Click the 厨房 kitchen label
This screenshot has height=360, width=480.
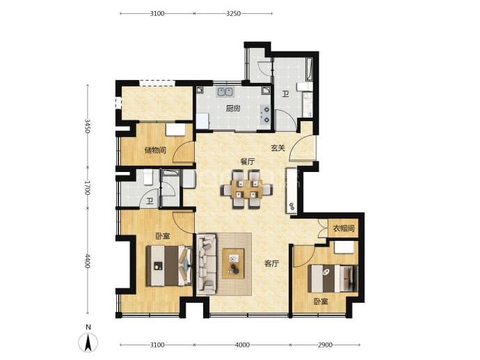233,109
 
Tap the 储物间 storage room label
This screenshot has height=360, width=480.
155,150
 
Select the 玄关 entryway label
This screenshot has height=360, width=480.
278,148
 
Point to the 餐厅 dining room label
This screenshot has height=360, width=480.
248,162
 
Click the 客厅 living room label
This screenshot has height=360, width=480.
271,263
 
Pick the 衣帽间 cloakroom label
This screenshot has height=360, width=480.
344,228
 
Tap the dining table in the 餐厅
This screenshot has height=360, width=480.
246,189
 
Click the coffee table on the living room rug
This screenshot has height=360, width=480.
233,263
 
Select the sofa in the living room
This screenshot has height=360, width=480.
207,264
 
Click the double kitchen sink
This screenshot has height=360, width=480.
225,92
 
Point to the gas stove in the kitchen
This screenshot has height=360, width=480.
265,114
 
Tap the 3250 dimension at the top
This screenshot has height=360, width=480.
233,13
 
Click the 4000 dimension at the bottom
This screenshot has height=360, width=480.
242,345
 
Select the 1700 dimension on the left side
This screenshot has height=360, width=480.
87,188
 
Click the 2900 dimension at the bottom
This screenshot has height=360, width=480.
325,345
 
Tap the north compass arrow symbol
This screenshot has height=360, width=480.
88,342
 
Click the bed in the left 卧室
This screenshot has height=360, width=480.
169,266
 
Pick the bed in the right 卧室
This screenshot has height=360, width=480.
333,279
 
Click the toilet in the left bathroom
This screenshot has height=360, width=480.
148,178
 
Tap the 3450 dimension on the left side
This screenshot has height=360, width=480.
87,126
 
